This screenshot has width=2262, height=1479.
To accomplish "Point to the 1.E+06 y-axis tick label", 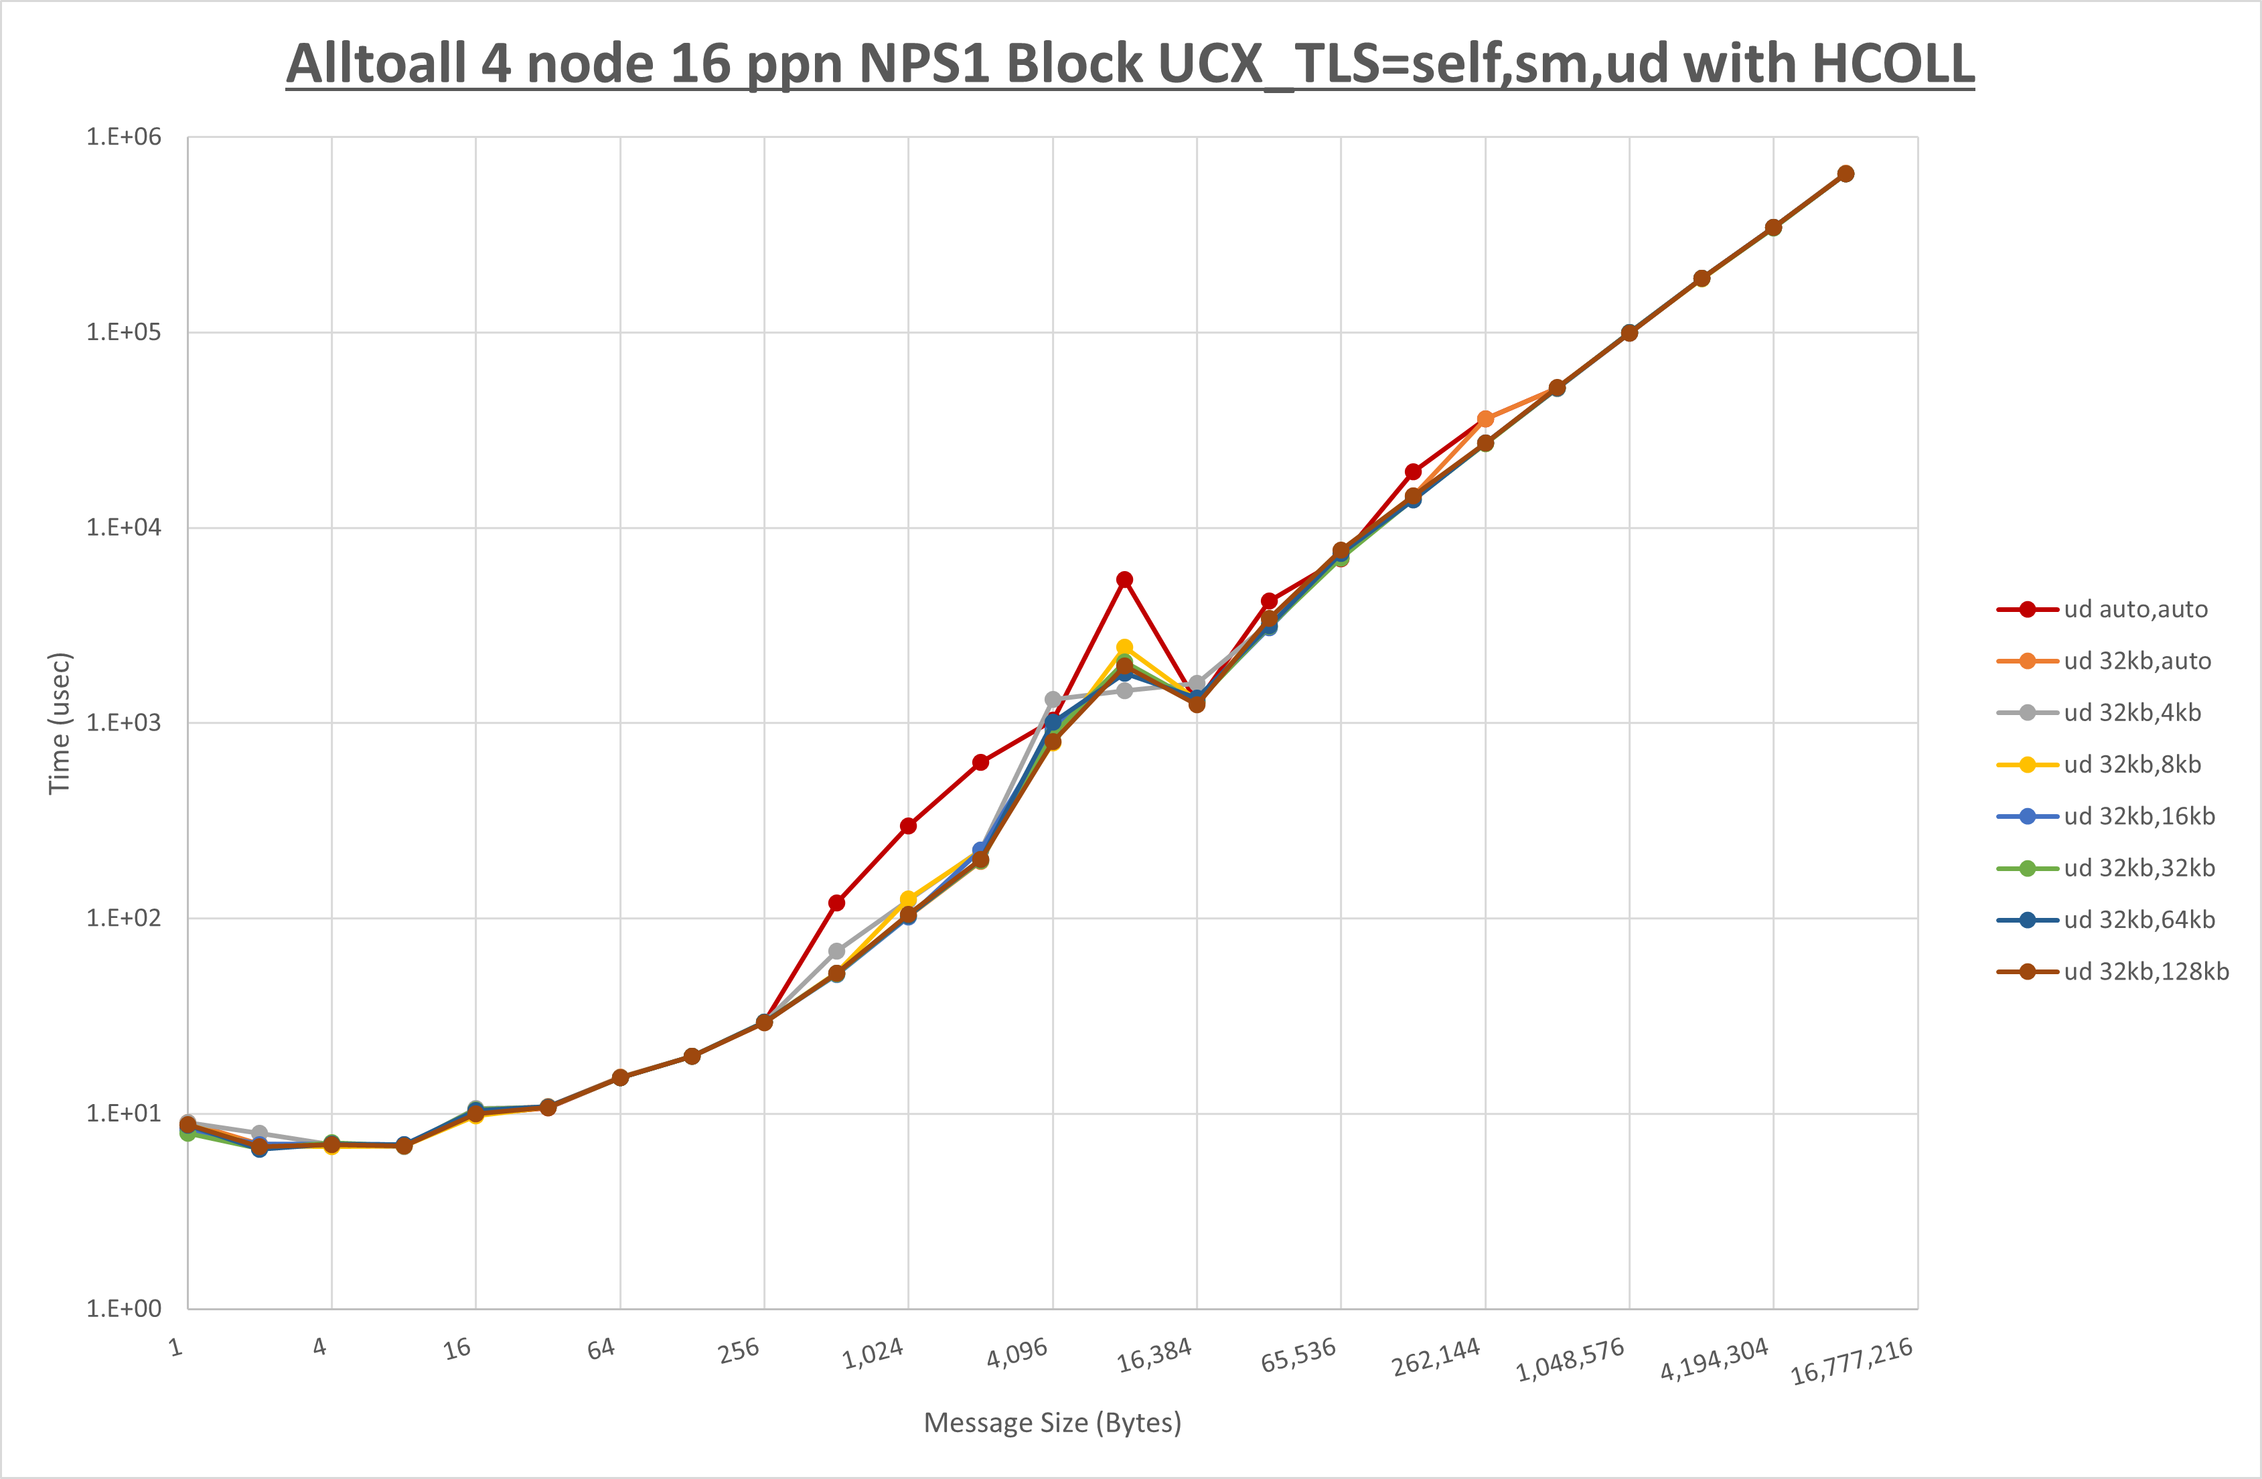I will (x=124, y=137).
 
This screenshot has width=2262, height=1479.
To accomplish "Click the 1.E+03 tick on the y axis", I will (x=124, y=722).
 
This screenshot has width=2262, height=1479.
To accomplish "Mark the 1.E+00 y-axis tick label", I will (x=124, y=1309).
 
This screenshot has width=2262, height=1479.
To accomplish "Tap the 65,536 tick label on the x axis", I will (x=1298, y=1354).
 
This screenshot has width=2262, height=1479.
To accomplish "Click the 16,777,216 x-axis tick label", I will (x=1852, y=1361).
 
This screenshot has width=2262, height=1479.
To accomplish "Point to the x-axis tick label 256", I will (x=739, y=1350).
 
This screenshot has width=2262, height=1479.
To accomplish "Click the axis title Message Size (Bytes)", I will (x=1052, y=1423).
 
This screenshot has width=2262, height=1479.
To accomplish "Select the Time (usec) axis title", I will (x=59, y=722).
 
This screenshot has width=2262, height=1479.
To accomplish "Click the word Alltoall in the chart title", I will (x=376, y=65).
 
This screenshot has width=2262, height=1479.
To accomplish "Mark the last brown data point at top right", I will (x=1845, y=174).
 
